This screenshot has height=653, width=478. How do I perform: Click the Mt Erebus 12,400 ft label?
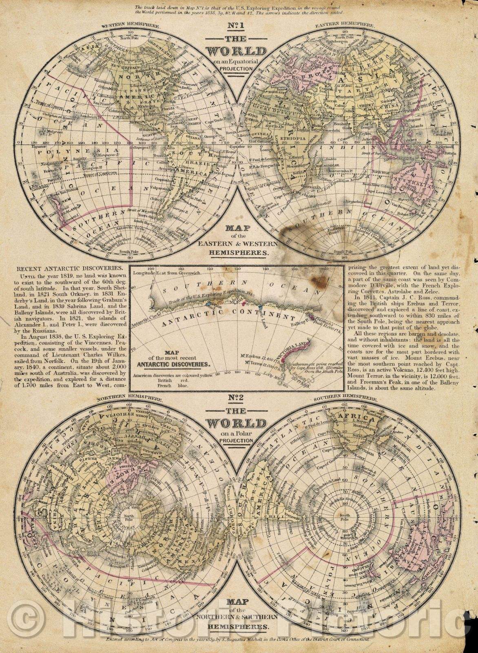(x=260, y=358)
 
